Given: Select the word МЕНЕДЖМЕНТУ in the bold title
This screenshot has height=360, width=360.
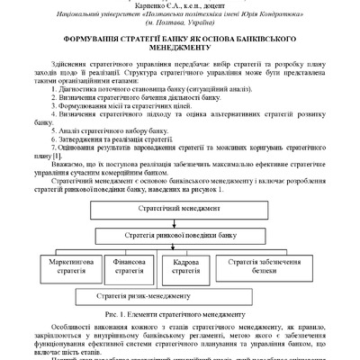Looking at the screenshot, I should pos(179,52).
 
